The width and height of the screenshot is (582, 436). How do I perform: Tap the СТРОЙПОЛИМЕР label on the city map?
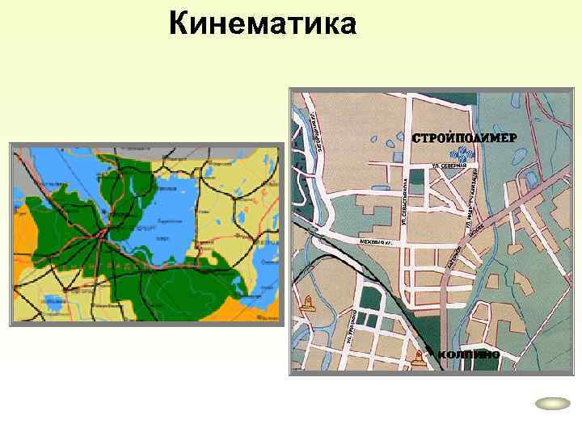tap(462, 137)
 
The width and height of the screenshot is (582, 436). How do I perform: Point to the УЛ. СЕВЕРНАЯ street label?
tap(450, 166)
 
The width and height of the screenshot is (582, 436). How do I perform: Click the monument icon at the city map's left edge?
tap(307, 304)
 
